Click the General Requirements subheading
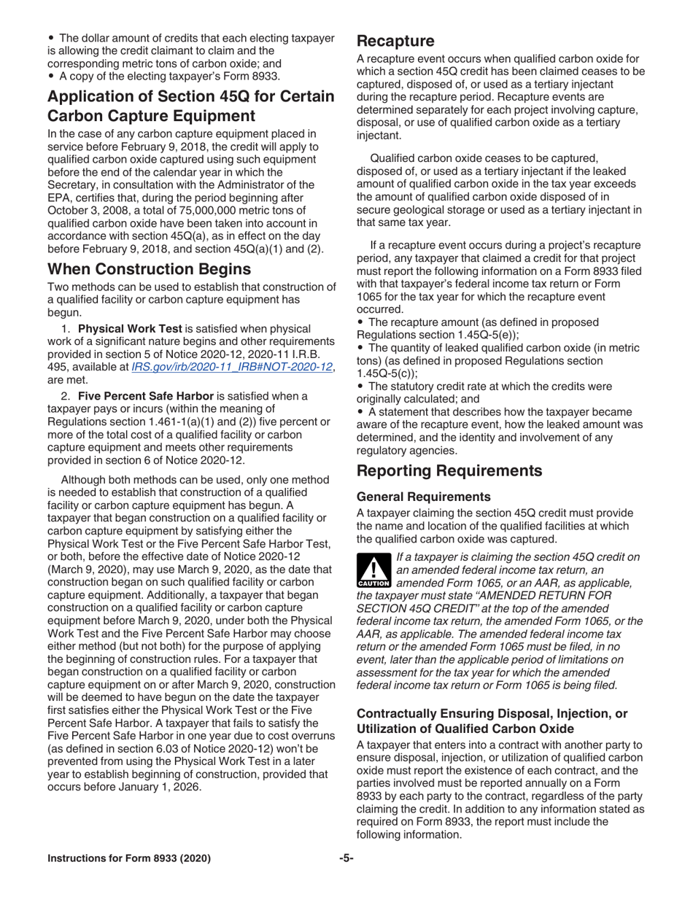coord(424,496)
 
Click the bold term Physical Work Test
coord(123,329)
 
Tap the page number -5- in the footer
coord(346,858)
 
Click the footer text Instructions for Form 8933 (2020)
coord(129,858)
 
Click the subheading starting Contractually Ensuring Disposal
coord(492,721)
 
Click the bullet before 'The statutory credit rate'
coord(360,387)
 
